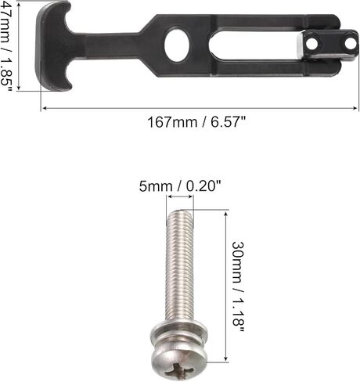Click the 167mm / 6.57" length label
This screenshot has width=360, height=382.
[x=196, y=122]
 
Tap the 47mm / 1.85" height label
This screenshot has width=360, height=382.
[x=5, y=45]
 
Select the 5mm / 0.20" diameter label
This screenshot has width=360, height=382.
[x=180, y=186]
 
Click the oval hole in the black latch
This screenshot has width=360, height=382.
[x=177, y=45]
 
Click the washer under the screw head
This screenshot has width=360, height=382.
[x=179, y=330]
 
